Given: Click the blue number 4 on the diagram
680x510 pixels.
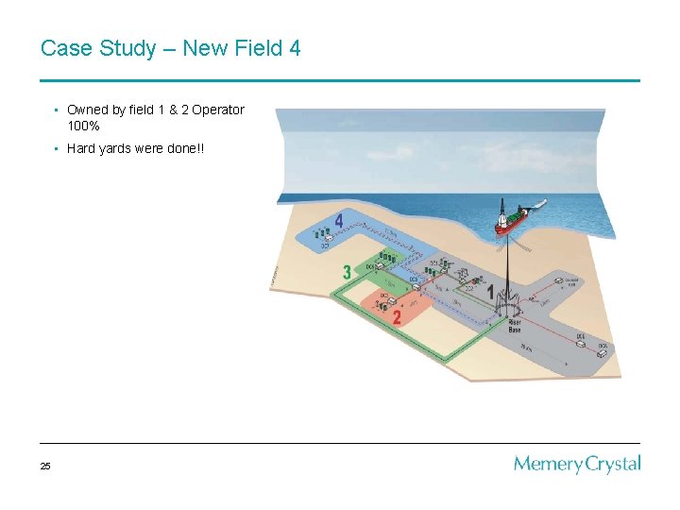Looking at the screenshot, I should click(x=338, y=222).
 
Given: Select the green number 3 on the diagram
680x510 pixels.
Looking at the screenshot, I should click(x=348, y=272).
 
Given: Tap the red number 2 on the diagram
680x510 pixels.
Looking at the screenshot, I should click(x=397, y=316).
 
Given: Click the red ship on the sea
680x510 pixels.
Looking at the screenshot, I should click(x=515, y=217).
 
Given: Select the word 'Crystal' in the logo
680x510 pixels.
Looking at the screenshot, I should click(x=612, y=465).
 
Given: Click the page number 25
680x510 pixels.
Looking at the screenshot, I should click(x=46, y=466).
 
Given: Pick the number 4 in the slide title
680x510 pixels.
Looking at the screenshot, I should click(x=295, y=48).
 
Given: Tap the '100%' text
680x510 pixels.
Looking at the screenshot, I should click(x=83, y=125).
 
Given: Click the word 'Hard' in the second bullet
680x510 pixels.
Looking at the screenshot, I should click(x=80, y=148).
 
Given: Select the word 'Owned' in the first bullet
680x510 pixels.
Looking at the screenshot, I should click(x=86, y=110).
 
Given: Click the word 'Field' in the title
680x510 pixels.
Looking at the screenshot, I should click(x=259, y=48).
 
